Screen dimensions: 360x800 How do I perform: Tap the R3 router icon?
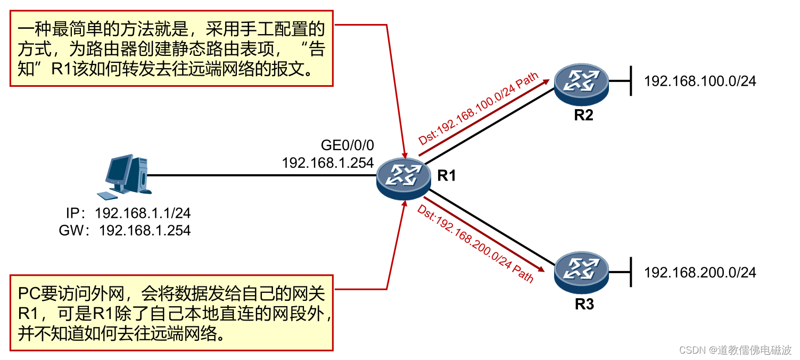581,273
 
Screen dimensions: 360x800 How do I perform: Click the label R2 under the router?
583,115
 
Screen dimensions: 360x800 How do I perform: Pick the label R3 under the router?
584,305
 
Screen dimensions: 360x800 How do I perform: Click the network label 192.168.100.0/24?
699,81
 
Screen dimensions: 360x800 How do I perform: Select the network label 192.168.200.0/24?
699,273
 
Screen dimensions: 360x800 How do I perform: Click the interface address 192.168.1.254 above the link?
327,162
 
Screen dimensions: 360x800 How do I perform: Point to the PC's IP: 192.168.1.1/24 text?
128,214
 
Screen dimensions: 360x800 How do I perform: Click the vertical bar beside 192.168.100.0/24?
631,81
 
